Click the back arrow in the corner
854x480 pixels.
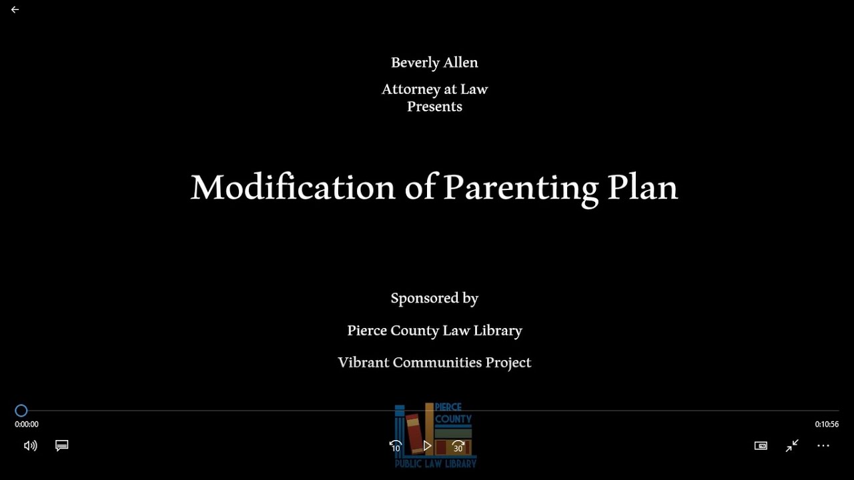15,10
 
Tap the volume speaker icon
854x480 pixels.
30,446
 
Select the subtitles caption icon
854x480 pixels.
62,445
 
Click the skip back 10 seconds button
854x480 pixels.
396,446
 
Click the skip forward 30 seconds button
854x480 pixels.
458,446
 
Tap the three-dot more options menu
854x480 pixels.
823,445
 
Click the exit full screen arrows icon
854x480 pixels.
792,446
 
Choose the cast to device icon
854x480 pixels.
761,446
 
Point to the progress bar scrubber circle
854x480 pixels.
21,411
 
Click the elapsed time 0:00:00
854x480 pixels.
27,425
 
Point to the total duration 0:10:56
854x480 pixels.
827,425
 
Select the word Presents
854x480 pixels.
434,107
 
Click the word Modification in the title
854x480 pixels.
293,187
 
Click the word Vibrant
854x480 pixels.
363,363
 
